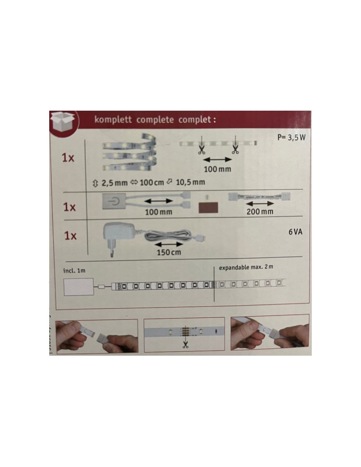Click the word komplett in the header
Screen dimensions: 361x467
(x=113, y=120)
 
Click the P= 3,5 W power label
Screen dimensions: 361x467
(x=291, y=137)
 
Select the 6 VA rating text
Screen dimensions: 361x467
(x=295, y=232)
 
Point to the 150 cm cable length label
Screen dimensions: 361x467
(x=169, y=252)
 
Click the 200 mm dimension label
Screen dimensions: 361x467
(x=260, y=212)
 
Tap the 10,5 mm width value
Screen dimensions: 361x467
(x=190, y=182)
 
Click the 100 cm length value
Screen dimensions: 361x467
(x=152, y=183)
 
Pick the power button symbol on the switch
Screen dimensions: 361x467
(x=114, y=201)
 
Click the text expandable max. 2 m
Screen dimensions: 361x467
(x=246, y=267)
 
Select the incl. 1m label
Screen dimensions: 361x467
(x=74, y=271)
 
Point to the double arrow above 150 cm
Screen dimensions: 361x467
(x=169, y=244)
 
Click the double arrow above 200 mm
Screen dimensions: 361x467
(x=260, y=204)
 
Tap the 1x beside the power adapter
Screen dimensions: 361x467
(x=71, y=236)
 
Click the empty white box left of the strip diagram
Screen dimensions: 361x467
(x=79, y=287)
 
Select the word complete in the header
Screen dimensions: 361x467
(x=155, y=120)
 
